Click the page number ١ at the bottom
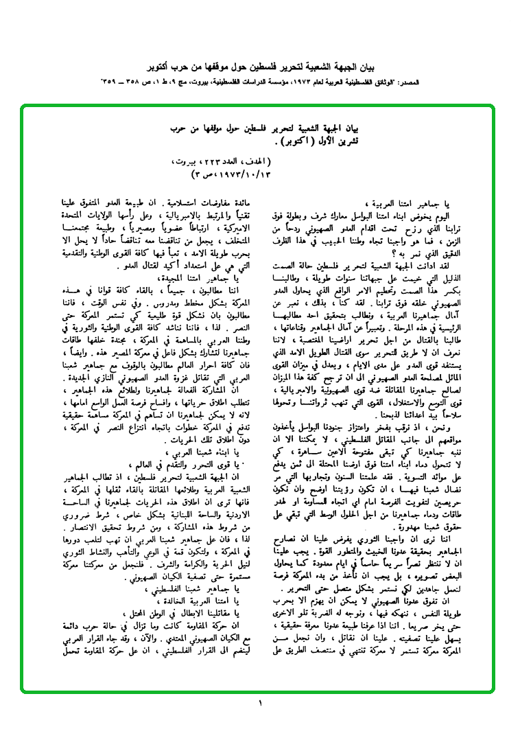[x=260, y=704]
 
